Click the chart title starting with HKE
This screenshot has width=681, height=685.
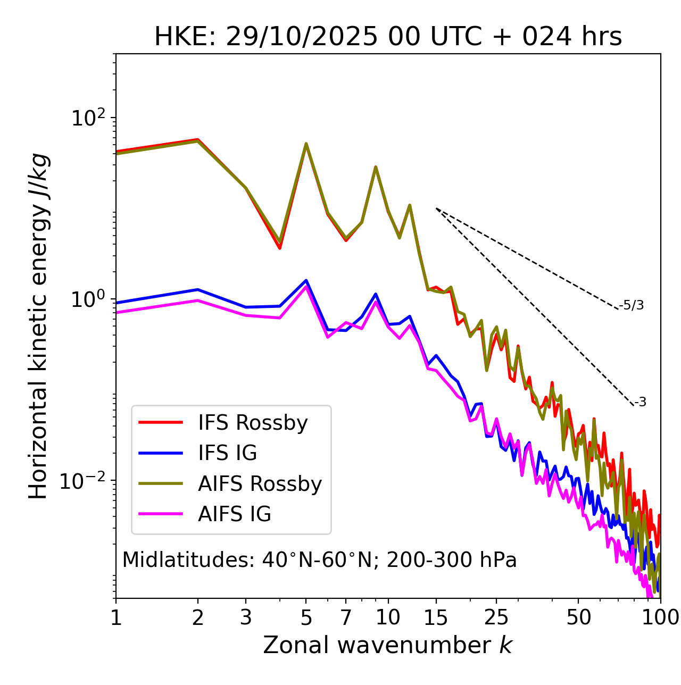pyautogui.click(x=388, y=37)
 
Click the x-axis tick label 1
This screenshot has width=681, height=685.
pyautogui.click(x=116, y=618)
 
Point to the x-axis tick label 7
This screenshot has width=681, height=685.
pyautogui.click(x=346, y=618)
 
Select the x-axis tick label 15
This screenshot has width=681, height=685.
pyautogui.click(x=436, y=618)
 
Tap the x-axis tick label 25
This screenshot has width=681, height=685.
pyautogui.click(x=496, y=618)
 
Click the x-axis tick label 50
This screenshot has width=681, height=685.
pyautogui.click(x=578, y=618)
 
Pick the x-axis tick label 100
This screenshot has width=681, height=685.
pyautogui.click(x=660, y=618)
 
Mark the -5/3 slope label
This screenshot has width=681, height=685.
pyautogui.click(x=632, y=305)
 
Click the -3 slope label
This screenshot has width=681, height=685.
pyautogui.click(x=640, y=402)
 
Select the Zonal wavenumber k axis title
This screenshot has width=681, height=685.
pyautogui.click(x=388, y=645)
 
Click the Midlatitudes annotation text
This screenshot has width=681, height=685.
pyautogui.click(x=319, y=560)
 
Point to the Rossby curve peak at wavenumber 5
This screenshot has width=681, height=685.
pyautogui.click(x=306, y=144)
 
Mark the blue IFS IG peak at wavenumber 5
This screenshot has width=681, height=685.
pyautogui.click(x=306, y=280)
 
